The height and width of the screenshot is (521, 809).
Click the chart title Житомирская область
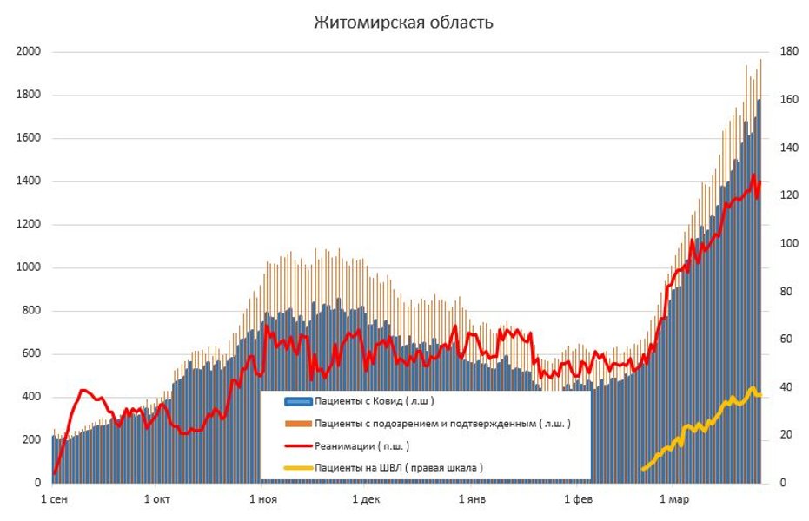pos(403,23)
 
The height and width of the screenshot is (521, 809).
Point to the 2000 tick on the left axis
pos(29,52)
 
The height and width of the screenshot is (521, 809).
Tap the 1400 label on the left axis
pos(29,181)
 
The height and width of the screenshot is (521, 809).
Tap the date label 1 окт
pos(157,500)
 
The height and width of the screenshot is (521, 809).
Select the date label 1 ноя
pos(262,500)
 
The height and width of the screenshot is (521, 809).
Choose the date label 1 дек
pos(366,500)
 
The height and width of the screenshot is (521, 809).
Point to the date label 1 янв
pos(471,500)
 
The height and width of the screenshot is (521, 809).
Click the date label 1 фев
pos(578,500)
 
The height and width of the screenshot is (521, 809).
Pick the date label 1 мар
pos(674,500)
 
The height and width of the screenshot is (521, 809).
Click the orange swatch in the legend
pos(298,424)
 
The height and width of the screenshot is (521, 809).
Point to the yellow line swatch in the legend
pos(298,467)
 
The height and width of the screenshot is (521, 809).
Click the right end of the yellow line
pos(760,395)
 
